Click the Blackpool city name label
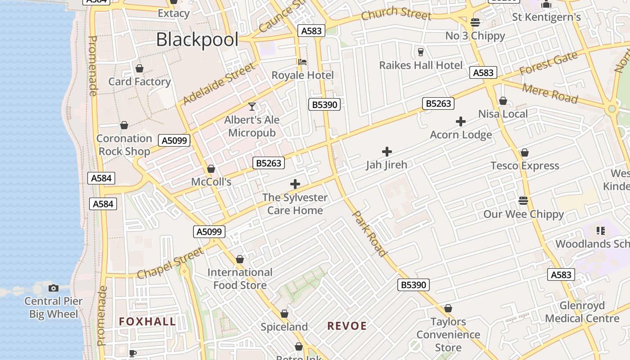point(197,40)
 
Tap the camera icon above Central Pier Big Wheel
point(54,288)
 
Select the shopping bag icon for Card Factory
point(139,68)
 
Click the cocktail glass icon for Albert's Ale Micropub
point(252,107)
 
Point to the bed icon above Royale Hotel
point(302,62)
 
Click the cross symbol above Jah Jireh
point(387,152)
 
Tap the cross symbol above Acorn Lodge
point(461,121)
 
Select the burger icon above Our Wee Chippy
point(523,200)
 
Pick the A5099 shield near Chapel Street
point(209,232)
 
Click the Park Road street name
point(369,234)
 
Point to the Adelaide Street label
point(219,84)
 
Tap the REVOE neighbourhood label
point(347,326)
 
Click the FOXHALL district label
point(148,321)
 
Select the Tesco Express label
point(525,166)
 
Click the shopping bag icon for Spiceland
point(284,314)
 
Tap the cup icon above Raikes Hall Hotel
point(421,52)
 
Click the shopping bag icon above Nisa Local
point(503,101)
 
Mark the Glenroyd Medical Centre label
point(582,312)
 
